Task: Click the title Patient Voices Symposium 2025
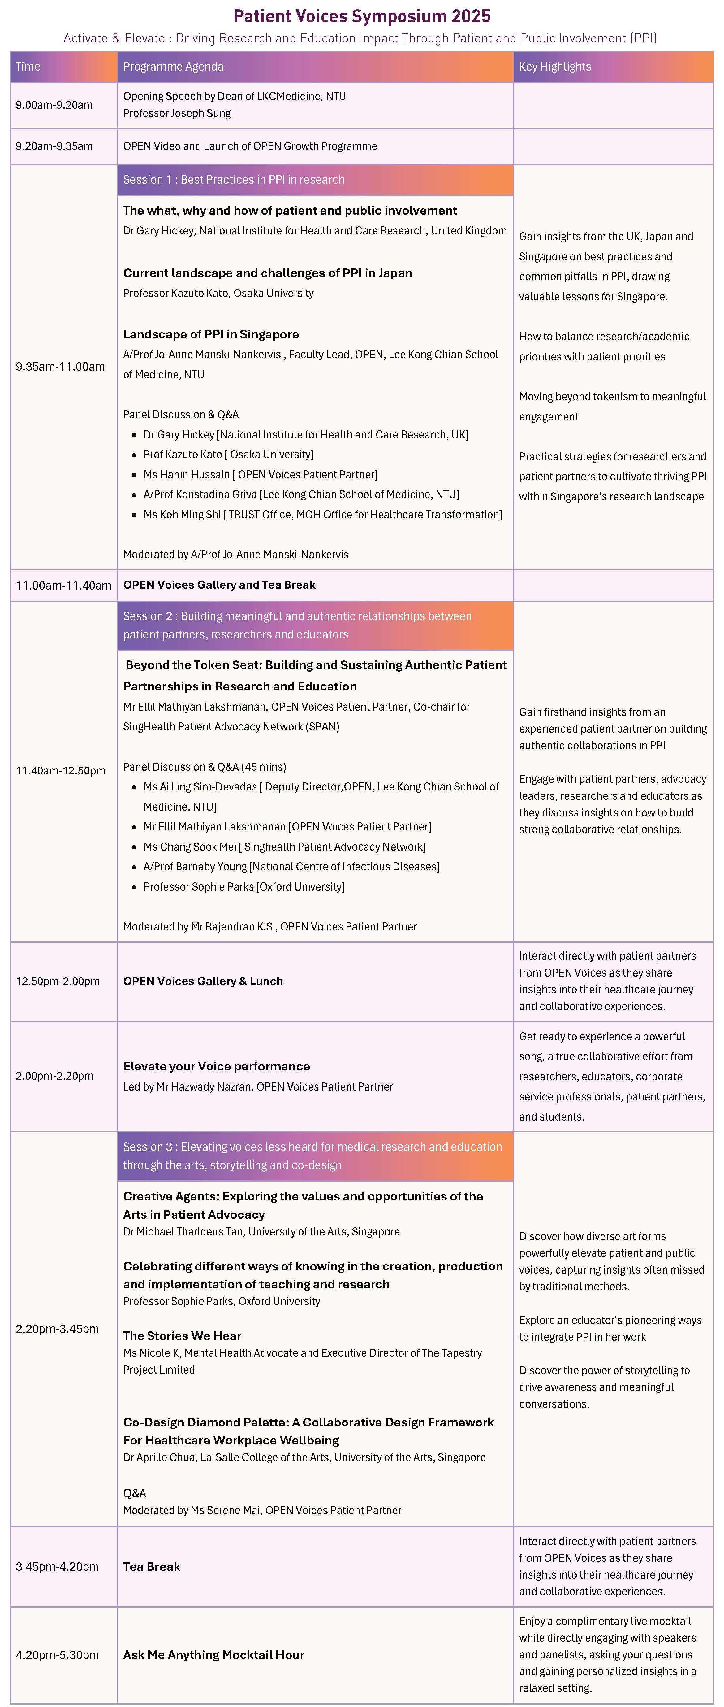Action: pyautogui.click(x=362, y=16)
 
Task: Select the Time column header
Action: pyautogui.click(x=28, y=66)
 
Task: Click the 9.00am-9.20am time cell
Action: pyautogui.click(x=54, y=105)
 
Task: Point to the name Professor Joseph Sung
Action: pyautogui.click(x=177, y=113)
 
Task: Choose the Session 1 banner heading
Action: pyautogui.click(x=234, y=180)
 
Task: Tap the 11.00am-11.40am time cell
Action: pyautogui.click(x=64, y=585)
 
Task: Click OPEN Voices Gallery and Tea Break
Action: pyautogui.click(x=219, y=585)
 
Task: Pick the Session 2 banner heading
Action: pyautogui.click(x=297, y=625)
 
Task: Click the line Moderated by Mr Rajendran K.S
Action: pyautogui.click(x=269, y=926)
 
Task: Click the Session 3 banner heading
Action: pyautogui.click(x=312, y=1156)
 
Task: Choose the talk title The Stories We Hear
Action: pyautogui.click(x=182, y=1336)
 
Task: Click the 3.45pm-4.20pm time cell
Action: pyautogui.click(x=58, y=1566)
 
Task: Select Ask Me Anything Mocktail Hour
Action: pyautogui.click(x=213, y=1655)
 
